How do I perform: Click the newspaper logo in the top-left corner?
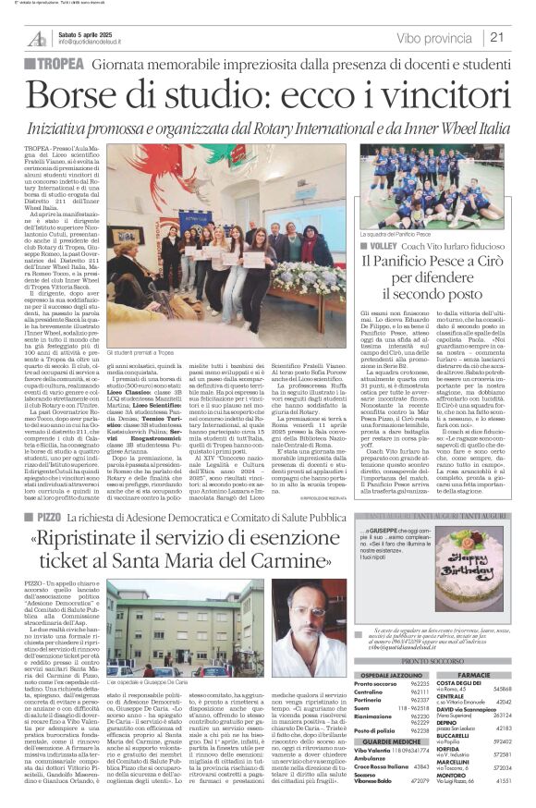click(38, 38)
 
